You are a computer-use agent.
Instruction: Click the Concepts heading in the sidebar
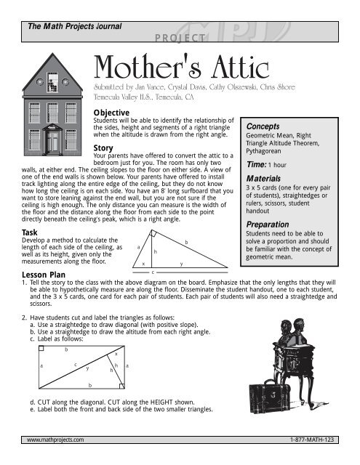coord(268,125)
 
